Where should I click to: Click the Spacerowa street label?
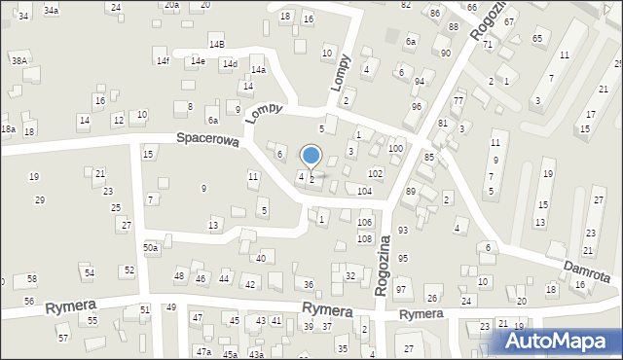click(207, 139)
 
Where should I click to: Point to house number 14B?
click(216, 45)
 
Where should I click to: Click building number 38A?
click(18, 60)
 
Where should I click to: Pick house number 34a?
click(51, 11)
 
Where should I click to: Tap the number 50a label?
click(150, 248)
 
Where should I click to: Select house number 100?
click(395, 148)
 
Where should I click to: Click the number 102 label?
click(375, 172)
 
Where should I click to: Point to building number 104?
click(364, 192)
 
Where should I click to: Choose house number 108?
click(364, 238)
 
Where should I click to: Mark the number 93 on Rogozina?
click(402, 230)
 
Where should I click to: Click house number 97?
click(401, 291)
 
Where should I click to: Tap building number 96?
click(417, 106)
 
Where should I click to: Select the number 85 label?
click(428, 157)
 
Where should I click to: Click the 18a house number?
click(8, 129)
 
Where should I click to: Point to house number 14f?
click(163, 61)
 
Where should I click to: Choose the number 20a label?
click(171, 5)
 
